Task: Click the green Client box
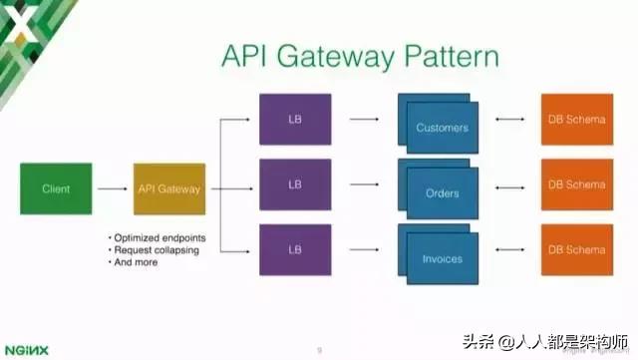tap(56, 187)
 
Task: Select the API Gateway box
tap(169, 188)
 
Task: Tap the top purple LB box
tap(295, 121)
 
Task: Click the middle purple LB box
tap(295, 184)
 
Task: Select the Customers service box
tap(442, 127)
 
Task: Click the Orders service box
tap(442, 191)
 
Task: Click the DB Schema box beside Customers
tap(577, 121)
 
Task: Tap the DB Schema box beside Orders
tap(577, 184)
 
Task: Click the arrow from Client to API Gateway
tap(113, 187)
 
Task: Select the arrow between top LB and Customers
tap(364, 121)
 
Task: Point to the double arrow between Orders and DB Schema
tap(509, 185)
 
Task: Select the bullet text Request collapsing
tap(155, 250)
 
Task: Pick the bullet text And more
tap(139, 263)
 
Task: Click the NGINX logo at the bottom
tap(28, 348)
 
